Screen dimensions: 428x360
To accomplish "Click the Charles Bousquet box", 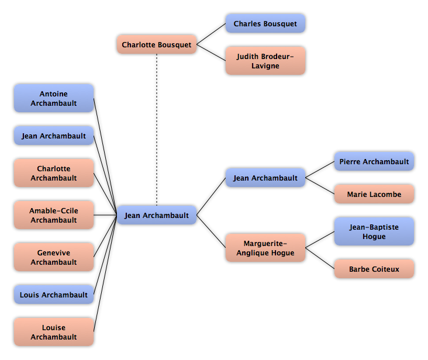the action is pos(265,23).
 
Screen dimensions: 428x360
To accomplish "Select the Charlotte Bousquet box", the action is pos(157,44).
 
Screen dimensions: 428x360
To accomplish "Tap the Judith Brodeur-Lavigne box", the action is pos(265,61).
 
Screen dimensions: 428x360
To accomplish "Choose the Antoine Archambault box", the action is pos(54,98).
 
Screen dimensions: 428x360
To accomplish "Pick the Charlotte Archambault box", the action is pos(54,173).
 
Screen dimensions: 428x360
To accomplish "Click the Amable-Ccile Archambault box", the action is pos(54,215).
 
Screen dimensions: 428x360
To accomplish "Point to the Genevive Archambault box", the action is pos(54,257).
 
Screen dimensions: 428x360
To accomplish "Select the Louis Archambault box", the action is pos(54,295).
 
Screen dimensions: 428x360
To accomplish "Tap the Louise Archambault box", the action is pos(54,332).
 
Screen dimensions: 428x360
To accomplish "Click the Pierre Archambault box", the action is pos(374,161).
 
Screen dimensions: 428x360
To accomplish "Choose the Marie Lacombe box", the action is pos(374,194).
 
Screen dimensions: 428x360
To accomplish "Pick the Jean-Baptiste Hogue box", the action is pos(374,231).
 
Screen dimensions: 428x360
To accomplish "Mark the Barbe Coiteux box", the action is pos(374,269).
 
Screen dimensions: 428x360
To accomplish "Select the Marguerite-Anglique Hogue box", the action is pos(265,248).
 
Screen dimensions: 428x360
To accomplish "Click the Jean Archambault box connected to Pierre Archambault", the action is pos(265,178).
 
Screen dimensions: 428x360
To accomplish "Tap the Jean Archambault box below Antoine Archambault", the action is pos(54,136).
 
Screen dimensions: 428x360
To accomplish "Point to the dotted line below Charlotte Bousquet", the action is pos(157,130).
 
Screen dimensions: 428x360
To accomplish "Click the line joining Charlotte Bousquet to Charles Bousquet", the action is pos(211,34).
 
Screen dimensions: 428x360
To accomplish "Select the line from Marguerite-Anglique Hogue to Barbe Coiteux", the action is pos(320,258).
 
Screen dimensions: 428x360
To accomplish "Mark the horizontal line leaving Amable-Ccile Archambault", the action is pos(105,215).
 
